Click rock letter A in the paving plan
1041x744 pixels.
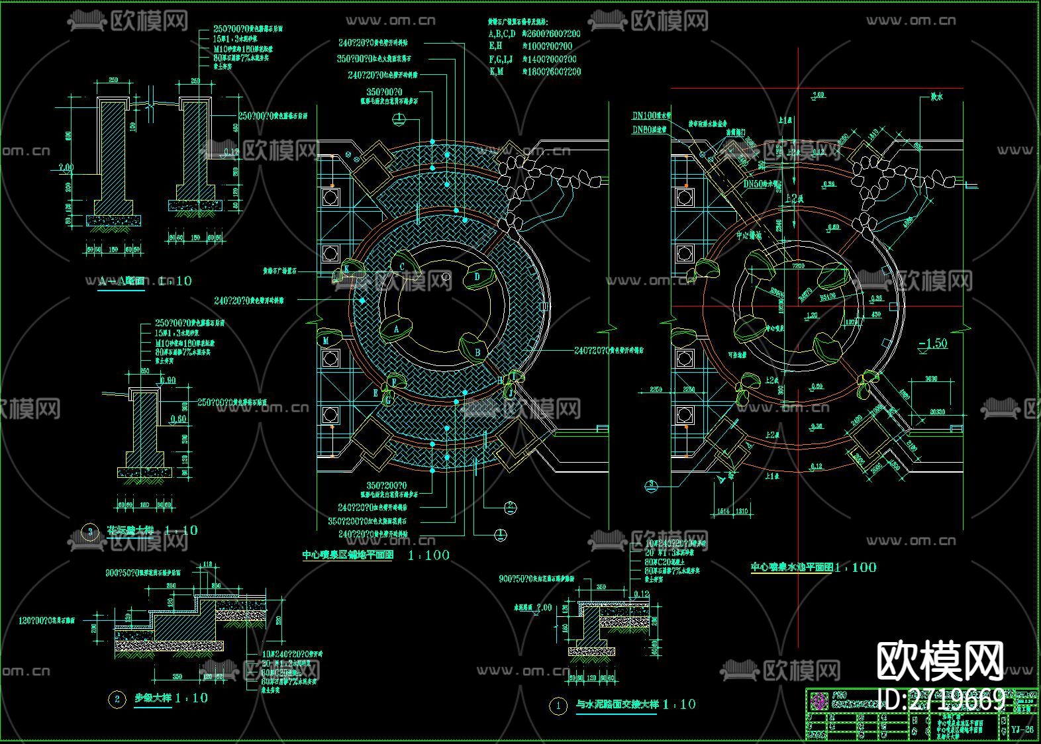click(x=397, y=328)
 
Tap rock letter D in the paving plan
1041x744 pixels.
click(x=477, y=276)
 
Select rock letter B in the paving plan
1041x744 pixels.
click(x=478, y=353)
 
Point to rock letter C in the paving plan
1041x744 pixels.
click(x=402, y=267)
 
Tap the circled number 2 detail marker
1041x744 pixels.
click(x=117, y=699)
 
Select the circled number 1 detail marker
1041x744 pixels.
click(x=558, y=706)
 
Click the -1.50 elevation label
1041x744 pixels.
click(x=932, y=344)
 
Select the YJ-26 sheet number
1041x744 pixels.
click(x=1022, y=729)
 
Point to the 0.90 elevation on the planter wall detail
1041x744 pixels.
click(x=168, y=381)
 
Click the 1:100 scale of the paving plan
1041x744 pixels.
click(x=428, y=555)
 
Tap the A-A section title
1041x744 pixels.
click(x=121, y=281)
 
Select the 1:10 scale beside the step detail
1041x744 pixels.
click(x=191, y=698)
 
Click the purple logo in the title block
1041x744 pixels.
click(x=818, y=699)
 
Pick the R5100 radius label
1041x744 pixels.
click(x=828, y=297)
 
